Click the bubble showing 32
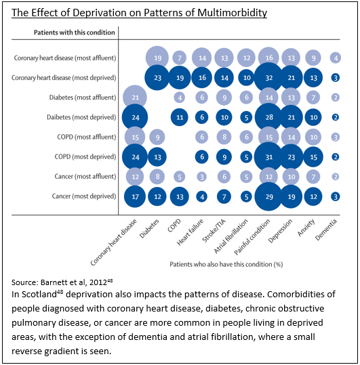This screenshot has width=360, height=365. [268, 77]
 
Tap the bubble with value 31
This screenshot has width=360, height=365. [268, 157]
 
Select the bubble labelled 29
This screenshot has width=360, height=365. [268, 196]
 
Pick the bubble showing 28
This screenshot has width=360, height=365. [268, 117]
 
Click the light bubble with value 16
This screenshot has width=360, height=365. [268, 58]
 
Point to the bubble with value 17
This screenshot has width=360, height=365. [135, 196]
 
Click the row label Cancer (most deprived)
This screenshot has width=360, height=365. [84, 196]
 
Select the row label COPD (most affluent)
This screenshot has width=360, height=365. [87, 137]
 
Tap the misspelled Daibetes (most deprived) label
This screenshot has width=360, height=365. [81, 117]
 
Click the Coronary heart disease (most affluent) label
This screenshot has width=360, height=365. [65, 58]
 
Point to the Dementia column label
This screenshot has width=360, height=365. [326, 230]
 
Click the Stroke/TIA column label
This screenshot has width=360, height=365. [214, 230]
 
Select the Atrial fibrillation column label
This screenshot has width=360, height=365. [231, 236]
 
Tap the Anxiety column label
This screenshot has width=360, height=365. [306, 228]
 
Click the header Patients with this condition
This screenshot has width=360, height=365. [75, 33]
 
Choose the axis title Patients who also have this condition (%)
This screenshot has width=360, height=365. [226, 264]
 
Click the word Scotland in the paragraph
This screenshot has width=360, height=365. [39, 294]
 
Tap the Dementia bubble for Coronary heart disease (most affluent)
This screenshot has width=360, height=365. [336, 58]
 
